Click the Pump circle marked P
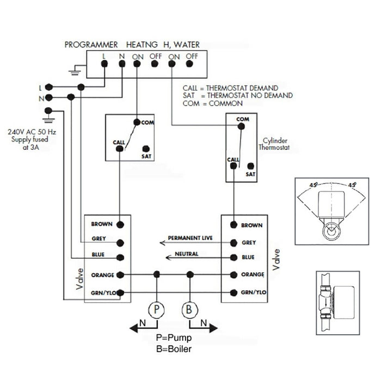(x=157, y=309)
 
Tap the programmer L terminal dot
(x=104, y=64)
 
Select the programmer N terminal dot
(x=120, y=64)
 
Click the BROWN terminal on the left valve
(x=120, y=224)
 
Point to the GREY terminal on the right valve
(x=233, y=243)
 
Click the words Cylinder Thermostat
(x=274, y=144)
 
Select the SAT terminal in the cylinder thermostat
(x=250, y=166)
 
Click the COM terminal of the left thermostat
(x=137, y=122)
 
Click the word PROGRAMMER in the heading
(x=91, y=45)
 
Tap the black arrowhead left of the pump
(x=133, y=327)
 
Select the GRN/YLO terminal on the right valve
(x=233, y=292)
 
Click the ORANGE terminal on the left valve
(x=120, y=275)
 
